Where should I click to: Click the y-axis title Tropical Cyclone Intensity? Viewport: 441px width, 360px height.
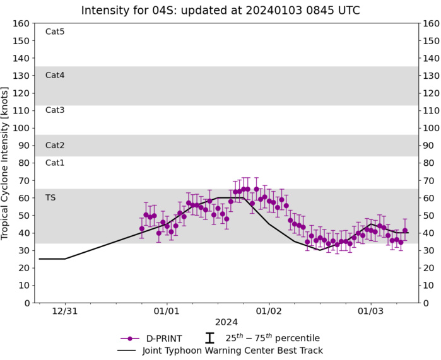pos(6,163)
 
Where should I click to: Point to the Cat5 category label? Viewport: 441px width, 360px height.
pos(55,32)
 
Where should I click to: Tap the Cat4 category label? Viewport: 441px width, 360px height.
pos(55,75)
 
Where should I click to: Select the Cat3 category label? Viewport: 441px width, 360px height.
pos(55,110)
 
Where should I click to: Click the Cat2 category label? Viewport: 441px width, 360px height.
pos(55,145)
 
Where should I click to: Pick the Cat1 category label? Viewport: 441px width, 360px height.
pos(55,163)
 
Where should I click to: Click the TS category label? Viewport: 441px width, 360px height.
pos(50,197)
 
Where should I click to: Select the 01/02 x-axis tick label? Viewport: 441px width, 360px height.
pos(268,311)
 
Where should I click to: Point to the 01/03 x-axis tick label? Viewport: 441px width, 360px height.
pos(370,311)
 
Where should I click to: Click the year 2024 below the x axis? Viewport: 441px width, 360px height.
pos(226,322)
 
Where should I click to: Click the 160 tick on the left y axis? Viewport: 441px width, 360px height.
pos(21,23)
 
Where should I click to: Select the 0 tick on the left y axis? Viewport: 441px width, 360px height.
pos(27,303)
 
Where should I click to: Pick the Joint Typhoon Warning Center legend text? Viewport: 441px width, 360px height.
pos(233,351)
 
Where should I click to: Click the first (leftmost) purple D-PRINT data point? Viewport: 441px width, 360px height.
pos(142,229)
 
